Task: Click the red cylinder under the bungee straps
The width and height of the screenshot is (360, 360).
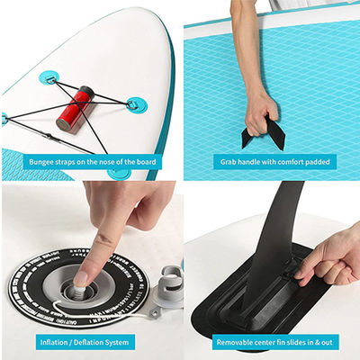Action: point(74,106)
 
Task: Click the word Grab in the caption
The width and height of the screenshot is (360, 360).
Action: point(229,162)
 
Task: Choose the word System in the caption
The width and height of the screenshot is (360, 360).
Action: point(121,342)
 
